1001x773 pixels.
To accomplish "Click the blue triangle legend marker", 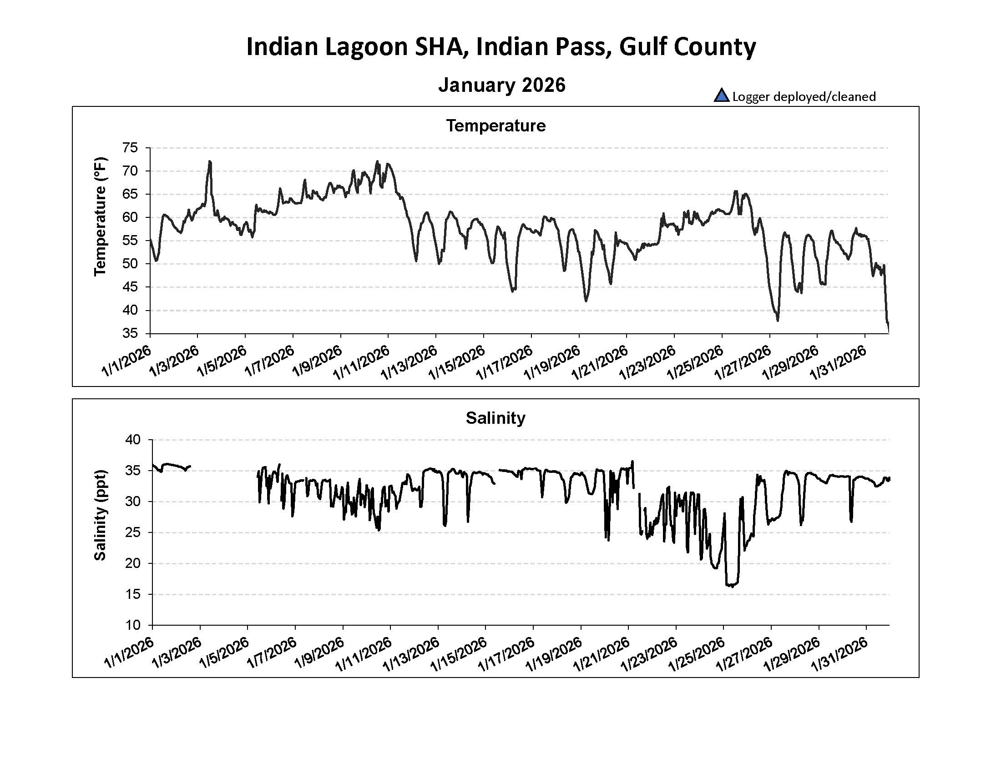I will [x=721, y=95].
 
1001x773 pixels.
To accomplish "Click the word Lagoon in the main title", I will [x=366, y=47].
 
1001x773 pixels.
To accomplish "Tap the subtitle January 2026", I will [x=501, y=85].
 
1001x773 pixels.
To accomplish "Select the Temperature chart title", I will [x=495, y=126].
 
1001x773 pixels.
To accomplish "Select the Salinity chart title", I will [x=495, y=418].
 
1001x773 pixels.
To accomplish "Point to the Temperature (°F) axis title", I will [x=100, y=216].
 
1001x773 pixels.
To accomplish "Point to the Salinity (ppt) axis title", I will [x=100, y=515].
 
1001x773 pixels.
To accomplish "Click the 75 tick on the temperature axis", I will [x=130, y=148].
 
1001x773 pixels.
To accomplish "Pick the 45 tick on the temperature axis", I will [x=130, y=287].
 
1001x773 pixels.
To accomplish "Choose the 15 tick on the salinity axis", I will [x=133, y=594].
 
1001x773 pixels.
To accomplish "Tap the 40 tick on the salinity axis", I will [x=133, y=440].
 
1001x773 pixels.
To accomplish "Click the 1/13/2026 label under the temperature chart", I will [x=409, y=363].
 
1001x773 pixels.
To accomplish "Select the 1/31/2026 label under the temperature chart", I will [x=838, y=363].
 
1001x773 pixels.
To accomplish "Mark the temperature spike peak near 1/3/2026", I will [x=210, y=161].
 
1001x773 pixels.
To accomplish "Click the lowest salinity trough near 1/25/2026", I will [x=732, y=586].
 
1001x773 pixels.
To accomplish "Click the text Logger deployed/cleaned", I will [x=804, y=96].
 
